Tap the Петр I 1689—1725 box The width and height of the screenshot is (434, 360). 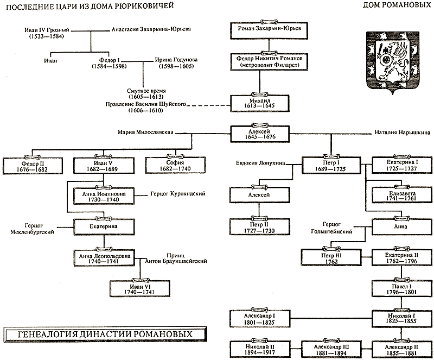pos(330,165)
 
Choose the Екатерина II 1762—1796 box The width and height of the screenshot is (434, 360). pos(401,255)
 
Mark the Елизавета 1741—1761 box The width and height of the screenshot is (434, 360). pos(401,195)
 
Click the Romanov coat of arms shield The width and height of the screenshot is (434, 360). pos(392,60)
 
